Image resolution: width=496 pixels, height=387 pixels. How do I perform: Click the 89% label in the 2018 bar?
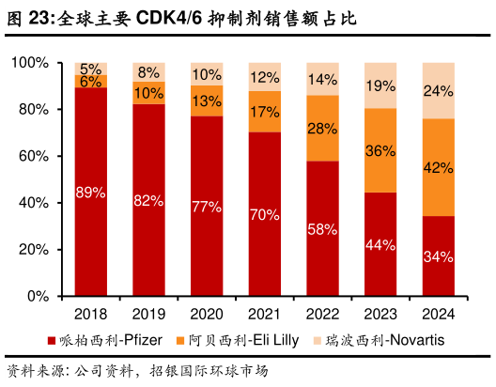91,193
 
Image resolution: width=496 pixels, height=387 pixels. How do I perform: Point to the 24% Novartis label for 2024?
439,91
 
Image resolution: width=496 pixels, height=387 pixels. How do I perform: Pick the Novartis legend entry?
390,339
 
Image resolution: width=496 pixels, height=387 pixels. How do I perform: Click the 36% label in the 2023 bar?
380,150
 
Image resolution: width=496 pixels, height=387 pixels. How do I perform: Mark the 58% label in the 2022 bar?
322,228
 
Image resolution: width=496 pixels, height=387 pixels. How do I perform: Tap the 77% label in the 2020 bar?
207,207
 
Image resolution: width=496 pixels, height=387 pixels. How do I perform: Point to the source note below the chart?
137,369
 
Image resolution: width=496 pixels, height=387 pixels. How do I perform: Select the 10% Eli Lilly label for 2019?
148,93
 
